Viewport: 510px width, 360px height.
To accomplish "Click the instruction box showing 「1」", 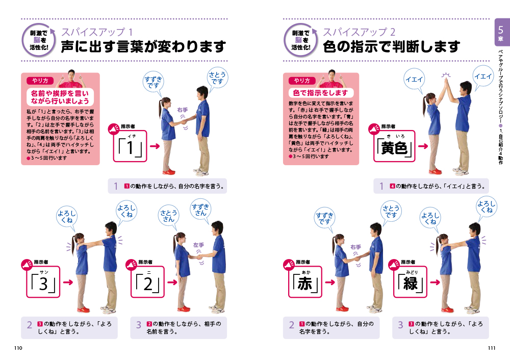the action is click(x=130, y=146).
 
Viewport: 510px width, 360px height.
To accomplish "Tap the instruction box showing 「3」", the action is click(x=43, y=282).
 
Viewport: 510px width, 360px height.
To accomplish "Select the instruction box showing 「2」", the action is click(x=148, y=282).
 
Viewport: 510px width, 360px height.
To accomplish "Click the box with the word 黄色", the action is click(x=394, y=146).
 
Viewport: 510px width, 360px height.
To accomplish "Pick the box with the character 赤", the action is click(x=305, y=282).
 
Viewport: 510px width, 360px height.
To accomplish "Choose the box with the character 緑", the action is click(x=410, y=282).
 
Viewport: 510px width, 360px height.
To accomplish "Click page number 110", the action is click(x=18, y=348).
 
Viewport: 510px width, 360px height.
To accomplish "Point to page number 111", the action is click(x=492, y=348).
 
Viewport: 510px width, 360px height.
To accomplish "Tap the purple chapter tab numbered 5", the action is click(x=501, y=32).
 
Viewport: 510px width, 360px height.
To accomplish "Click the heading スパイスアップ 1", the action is click(x=97, y=32).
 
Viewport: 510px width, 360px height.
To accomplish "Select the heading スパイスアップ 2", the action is click(x=359, y=32).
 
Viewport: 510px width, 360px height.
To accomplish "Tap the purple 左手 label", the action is click(x=198, y=245).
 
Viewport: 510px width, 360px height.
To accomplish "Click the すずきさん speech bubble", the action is click(x=200, y=210).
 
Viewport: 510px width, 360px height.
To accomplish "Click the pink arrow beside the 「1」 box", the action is click(x=155, y=146).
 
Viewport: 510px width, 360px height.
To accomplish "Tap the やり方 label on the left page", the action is click(x=40, y=81).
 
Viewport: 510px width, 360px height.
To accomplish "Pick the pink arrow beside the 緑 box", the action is click(x=435, y=282).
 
